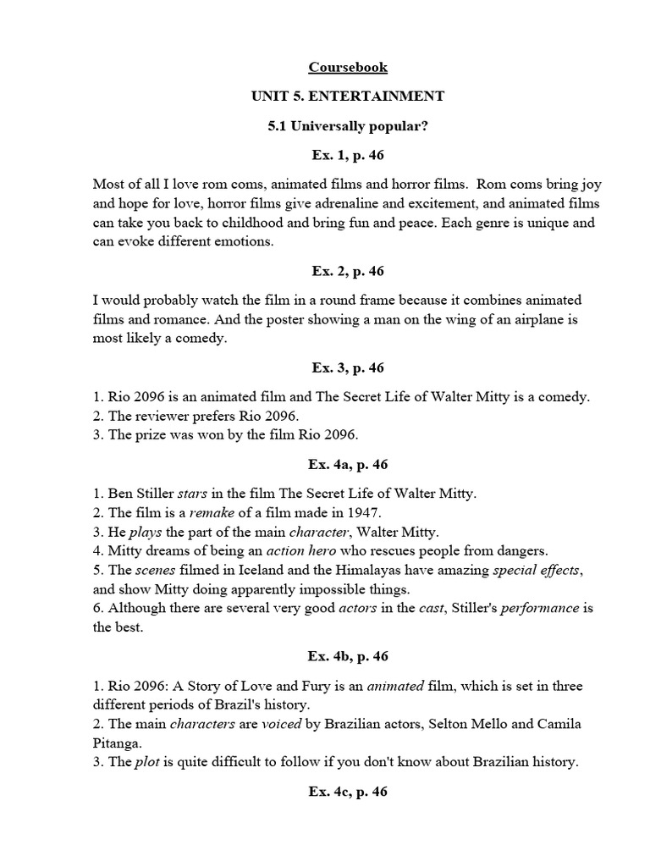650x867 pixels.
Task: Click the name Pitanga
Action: click(117, 743)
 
